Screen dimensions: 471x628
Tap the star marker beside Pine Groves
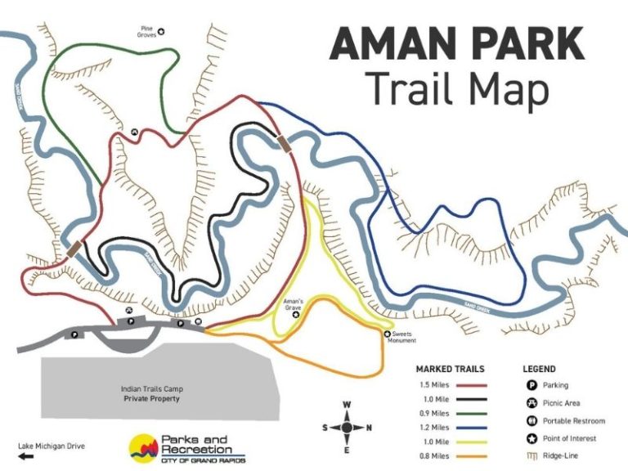[161, 32]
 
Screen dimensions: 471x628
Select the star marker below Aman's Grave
[296, 314]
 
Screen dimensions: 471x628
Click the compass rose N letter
[370, 427]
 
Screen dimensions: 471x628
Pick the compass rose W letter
[347, 405]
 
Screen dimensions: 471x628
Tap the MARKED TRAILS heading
[450, 369]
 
